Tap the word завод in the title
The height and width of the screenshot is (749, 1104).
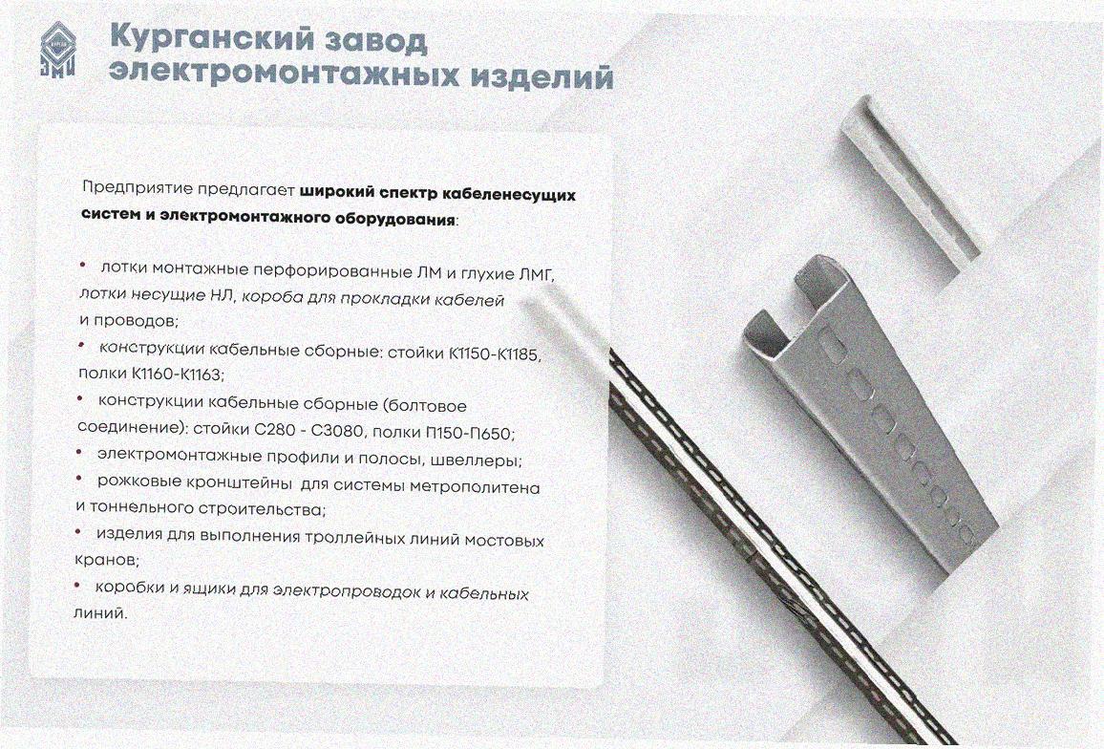pos(374,41)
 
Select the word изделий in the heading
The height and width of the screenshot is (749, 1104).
pos(541,76)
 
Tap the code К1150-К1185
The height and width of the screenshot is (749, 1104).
pos(495,353)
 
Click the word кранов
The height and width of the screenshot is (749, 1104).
pos(106,560)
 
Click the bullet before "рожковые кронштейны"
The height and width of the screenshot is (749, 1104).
pos(79,480)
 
